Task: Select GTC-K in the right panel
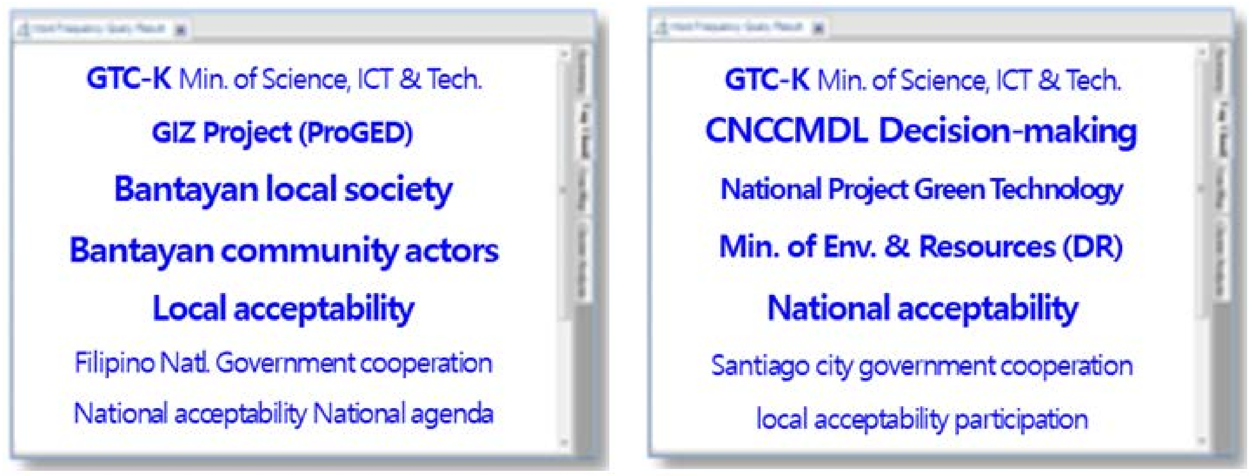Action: click(767, 79)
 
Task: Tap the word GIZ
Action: click(174, 132)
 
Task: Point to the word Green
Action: click(950, 189)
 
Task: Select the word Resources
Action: click(988, 247)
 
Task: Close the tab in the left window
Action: click(181, 30)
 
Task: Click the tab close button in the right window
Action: click(819, 29)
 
